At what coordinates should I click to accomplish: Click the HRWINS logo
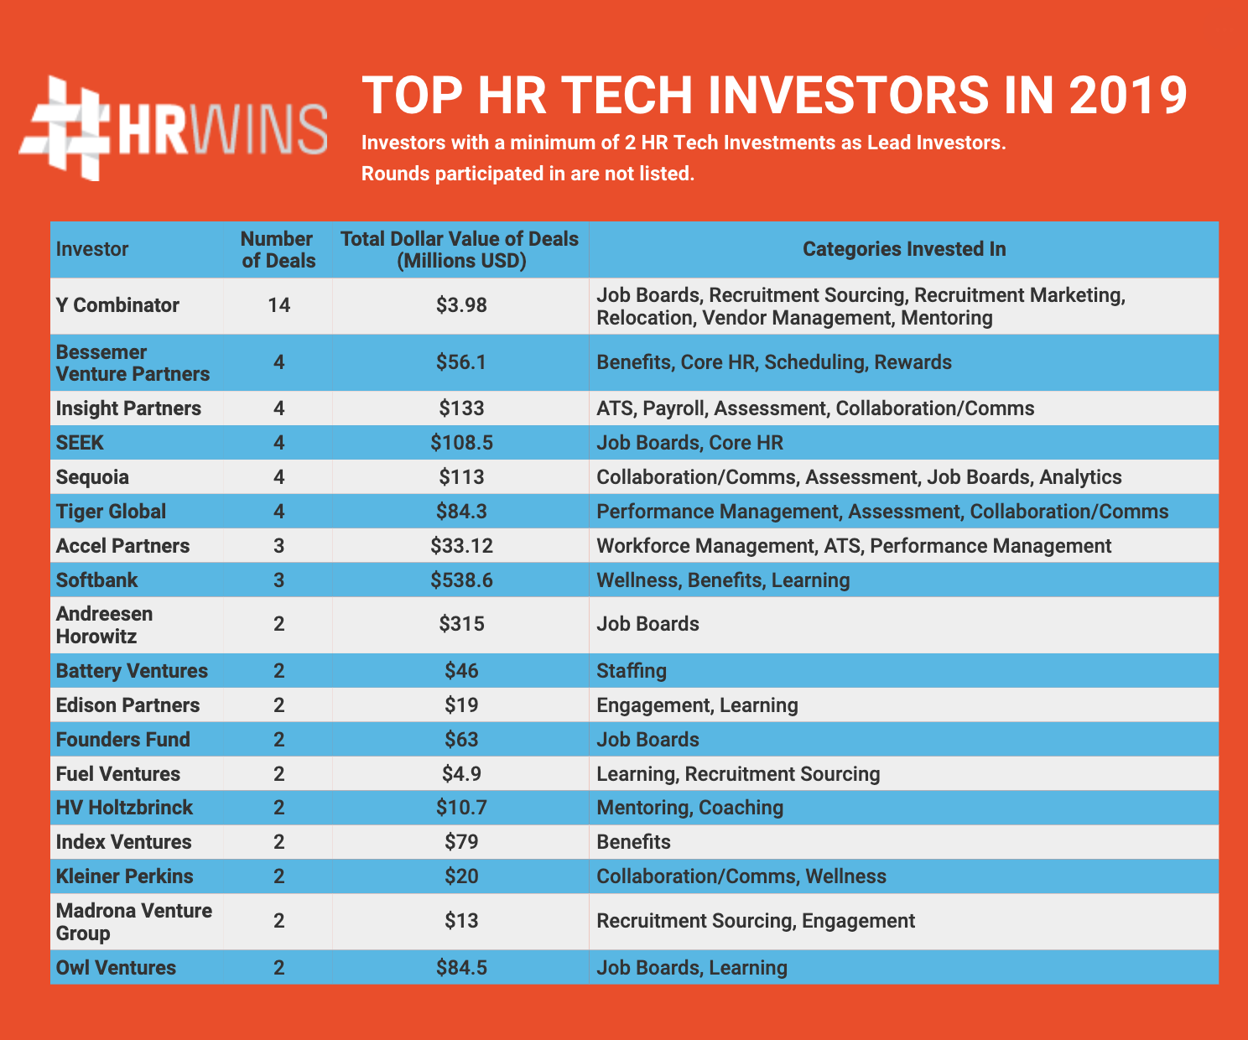click(x=173, y=128)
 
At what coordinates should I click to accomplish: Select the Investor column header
click(x=92, y=249)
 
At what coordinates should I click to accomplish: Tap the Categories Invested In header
click(x=903, y=249)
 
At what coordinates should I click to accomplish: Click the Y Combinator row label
click(x=117, y=305)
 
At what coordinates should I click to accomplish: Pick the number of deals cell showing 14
click(x=278, y=305)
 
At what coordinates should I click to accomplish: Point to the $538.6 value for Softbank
click(x=461, y=580)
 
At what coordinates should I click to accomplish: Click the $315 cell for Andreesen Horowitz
click(x=461, y=624)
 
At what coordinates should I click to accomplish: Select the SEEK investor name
click(x=81, y=442)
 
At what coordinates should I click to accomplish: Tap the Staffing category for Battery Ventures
click(x=632, y=671)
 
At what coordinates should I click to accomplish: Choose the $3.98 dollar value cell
click(x=461, y=305)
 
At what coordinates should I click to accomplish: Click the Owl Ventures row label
click(x=116, y=968)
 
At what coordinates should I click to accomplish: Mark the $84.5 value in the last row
click(x=461, y=968)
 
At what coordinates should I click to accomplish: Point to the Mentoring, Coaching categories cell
click(x=689, y=808)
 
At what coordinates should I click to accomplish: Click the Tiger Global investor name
click(x=111, y=512)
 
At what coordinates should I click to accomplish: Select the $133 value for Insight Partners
click(x=461, y=408)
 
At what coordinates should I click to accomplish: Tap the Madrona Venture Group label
click(x=134, y=922)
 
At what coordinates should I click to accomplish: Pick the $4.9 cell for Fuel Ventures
click(x=461, y=773)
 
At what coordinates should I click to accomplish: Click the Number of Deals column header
click(x=278, y=249)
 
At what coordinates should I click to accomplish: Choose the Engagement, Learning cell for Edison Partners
click(x=697, y=705)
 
